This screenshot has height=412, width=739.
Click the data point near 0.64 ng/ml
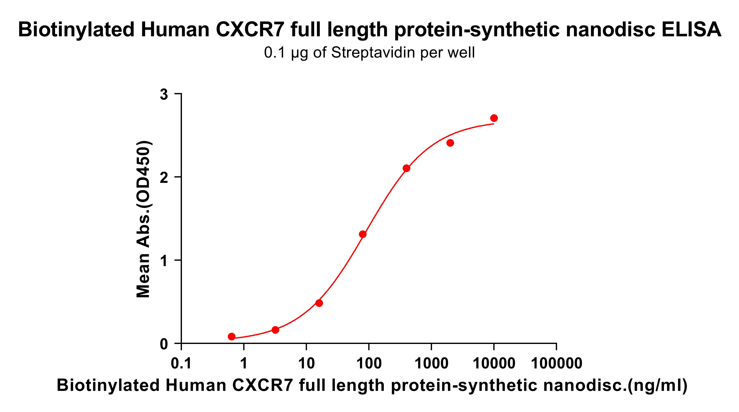232,336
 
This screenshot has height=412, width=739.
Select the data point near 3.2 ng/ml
275,330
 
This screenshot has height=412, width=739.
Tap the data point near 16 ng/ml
319,303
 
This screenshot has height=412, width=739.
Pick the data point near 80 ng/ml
363,234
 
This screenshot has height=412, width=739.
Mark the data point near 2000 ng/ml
450,143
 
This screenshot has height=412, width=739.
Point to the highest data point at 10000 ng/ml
494,118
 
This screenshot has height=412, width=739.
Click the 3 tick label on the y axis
164,94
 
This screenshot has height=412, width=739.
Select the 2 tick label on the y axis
164,178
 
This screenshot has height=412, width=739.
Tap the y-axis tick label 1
164,261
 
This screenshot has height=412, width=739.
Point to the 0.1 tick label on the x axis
181,364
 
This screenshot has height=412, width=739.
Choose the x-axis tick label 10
306,364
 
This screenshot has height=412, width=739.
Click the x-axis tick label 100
369,364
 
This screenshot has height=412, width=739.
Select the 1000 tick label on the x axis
431,364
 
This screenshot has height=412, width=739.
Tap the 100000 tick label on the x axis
557,364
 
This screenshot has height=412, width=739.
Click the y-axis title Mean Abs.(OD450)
143,219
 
